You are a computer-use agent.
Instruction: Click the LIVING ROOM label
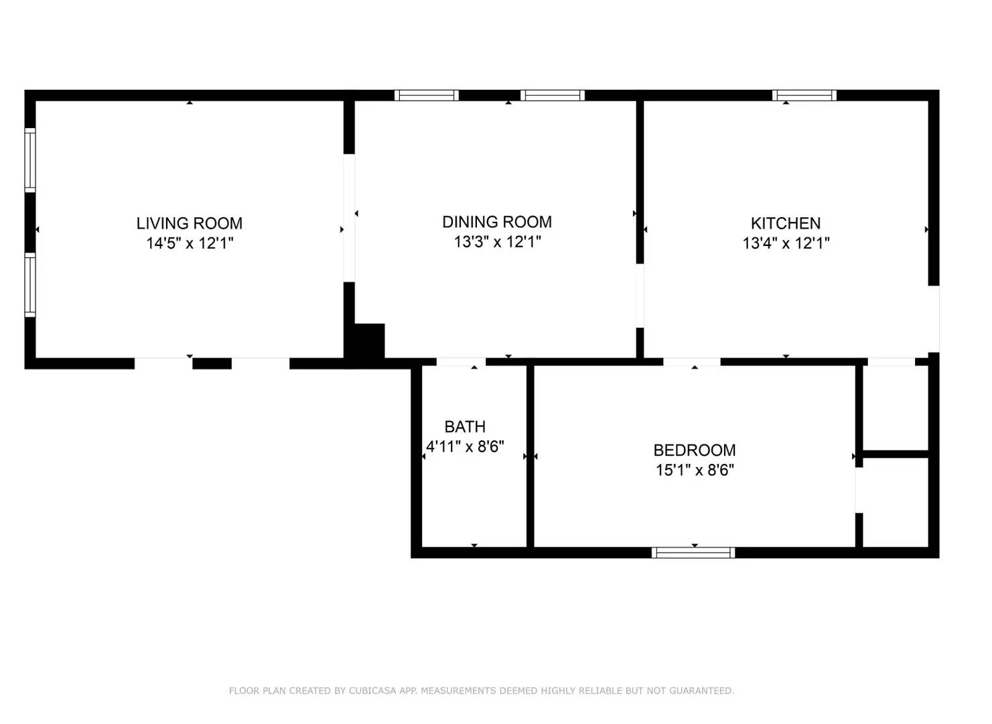click(x=190, y=223)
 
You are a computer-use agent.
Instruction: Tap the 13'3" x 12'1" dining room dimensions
click(x=497, y=242)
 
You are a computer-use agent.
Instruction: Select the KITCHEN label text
click(x=785, y=223)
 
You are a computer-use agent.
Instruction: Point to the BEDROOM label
click(x=694, y=450)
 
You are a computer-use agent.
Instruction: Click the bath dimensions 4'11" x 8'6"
click(x=465, y=446)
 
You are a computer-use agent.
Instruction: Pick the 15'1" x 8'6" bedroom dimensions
click(x=694, y=470)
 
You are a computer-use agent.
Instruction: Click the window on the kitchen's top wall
click(x=804, y=95)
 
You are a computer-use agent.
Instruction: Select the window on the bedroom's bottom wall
click(x=693, y=552)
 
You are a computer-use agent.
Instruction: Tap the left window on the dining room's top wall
click(x=427, y=95)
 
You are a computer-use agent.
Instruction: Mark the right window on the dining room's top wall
click(x=553, y=95)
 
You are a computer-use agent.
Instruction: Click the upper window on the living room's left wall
click(x=30, y=160)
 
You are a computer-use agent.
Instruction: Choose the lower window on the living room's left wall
click(x=30, y=284)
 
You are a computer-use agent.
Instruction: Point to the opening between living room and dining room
click(x=349, y=218)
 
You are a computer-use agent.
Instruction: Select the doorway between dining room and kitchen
click(x=640, y=296)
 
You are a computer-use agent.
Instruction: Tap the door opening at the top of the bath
click(x=461, y=362)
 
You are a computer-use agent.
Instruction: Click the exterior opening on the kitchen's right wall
click(x=934, y=318)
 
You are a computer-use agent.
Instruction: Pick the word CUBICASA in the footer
click(x=372, y=690)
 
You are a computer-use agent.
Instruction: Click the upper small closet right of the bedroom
click(x=895, y=408)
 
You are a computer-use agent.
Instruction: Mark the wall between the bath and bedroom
click(x=530, y=456)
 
